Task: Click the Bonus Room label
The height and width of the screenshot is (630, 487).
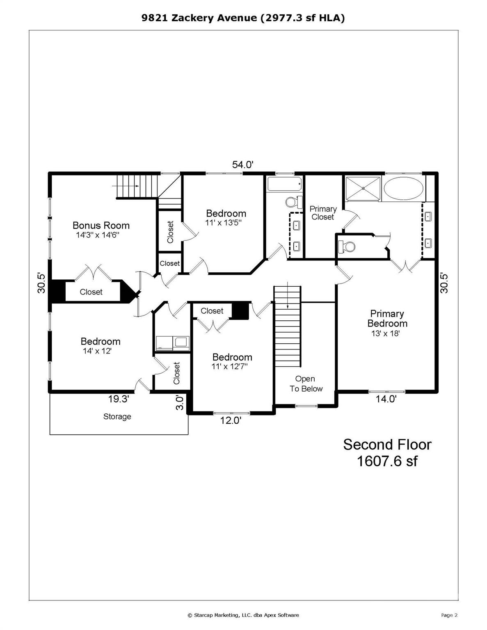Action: [101, 225]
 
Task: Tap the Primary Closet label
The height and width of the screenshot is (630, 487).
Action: [323, 213]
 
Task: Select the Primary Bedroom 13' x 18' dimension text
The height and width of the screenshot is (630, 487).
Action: [385, 333]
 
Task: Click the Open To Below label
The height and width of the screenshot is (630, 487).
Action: [306, 384]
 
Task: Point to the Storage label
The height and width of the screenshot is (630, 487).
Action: [117, 417]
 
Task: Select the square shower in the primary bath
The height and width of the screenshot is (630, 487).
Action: [363, 188]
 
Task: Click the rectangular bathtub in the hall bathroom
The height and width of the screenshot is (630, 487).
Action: [285, 184]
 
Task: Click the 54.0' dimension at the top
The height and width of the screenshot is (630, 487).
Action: [242, 165]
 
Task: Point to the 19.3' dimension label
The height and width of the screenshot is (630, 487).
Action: [119, 399]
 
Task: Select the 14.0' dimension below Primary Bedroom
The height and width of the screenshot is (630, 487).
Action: [386, 399]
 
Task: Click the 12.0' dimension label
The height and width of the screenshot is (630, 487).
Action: [230, 420]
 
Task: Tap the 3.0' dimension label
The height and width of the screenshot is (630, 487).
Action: [179, 402]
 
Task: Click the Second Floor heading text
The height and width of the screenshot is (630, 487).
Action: [387, 445]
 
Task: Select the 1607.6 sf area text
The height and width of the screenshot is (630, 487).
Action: [387, 461]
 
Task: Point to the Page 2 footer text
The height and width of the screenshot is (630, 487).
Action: [449, 615]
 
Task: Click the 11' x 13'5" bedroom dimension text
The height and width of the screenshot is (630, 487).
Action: [224, 223]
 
